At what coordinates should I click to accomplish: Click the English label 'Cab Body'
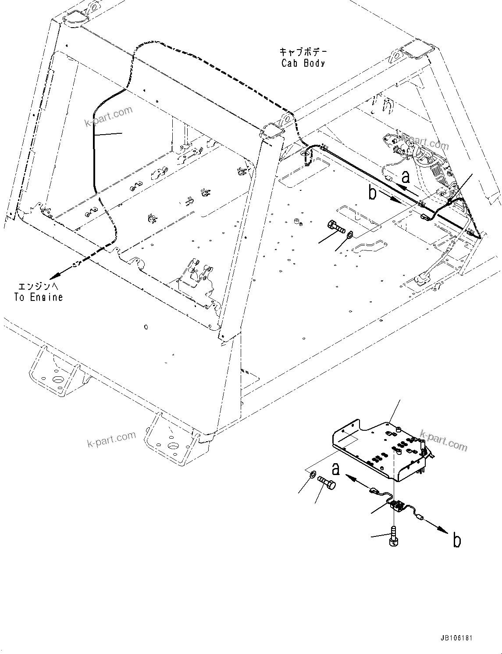(x=303, y=63)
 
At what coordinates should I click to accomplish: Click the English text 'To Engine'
(x=39, y=297)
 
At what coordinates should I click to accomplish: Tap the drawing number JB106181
(x=454, y=638)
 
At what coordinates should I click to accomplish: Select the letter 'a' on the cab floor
(x=406, y=177)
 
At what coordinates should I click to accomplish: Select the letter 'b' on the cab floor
(x=372, y=193)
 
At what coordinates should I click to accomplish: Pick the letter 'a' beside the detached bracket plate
(x=335, y=469)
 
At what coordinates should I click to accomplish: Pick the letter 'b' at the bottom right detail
(x=456, y=540)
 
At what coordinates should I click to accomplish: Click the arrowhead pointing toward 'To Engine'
(x=55, y=276)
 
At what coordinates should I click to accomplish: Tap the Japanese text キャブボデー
(x=303, y=51)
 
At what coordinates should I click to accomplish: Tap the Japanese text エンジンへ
(x=39, y=286)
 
